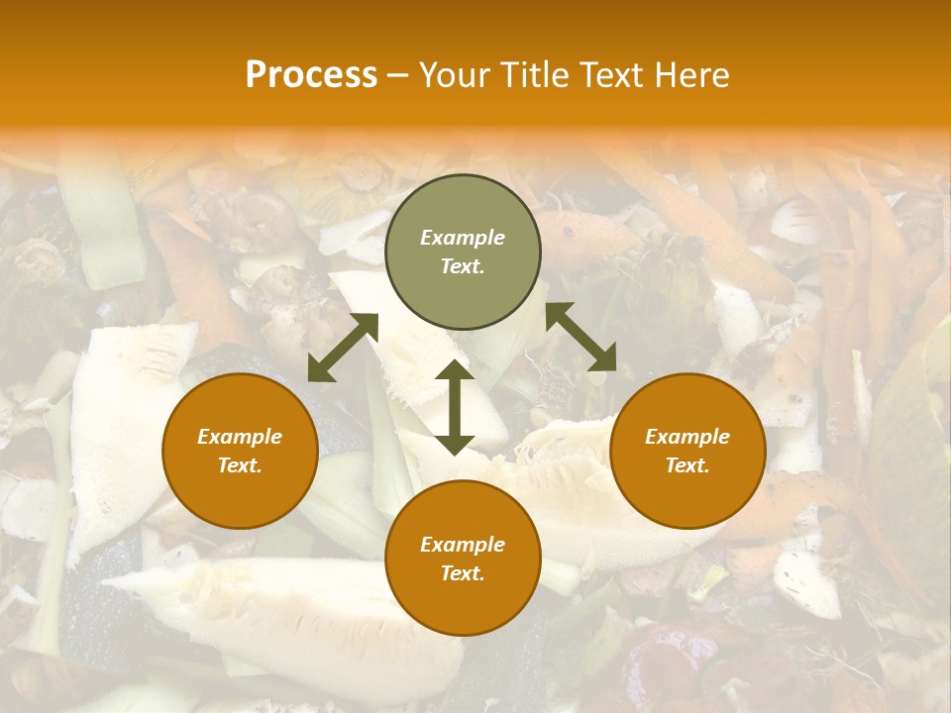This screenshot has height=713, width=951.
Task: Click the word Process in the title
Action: click(x=311, y=75)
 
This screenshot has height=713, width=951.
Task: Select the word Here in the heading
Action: click(x=690, y=75)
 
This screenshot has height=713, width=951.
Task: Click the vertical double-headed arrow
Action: click(x=454, y=407)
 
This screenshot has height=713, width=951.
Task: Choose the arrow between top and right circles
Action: click(x=581, y=337)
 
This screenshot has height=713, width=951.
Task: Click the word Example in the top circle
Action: click(x=463, y=238)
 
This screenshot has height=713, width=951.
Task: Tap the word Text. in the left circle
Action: click(x=240, y=465)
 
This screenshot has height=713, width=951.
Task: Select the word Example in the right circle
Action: click(x=687, y=437)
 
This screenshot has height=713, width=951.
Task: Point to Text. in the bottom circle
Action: click(x=463, y=573)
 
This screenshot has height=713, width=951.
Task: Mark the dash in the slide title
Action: click(x=397, y=76)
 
